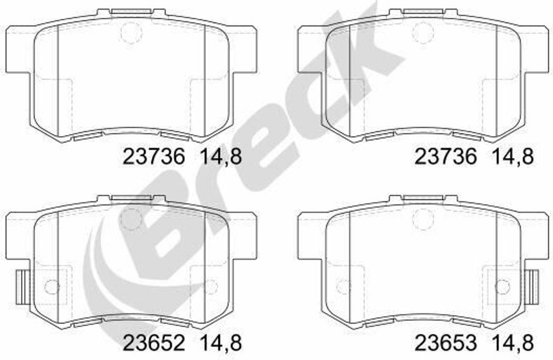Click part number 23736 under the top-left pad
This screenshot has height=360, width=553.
(153, 156)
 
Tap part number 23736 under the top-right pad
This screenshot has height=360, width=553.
(446, 156)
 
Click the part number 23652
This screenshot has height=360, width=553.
(153, 342)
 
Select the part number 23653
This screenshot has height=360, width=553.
(446, 342)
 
